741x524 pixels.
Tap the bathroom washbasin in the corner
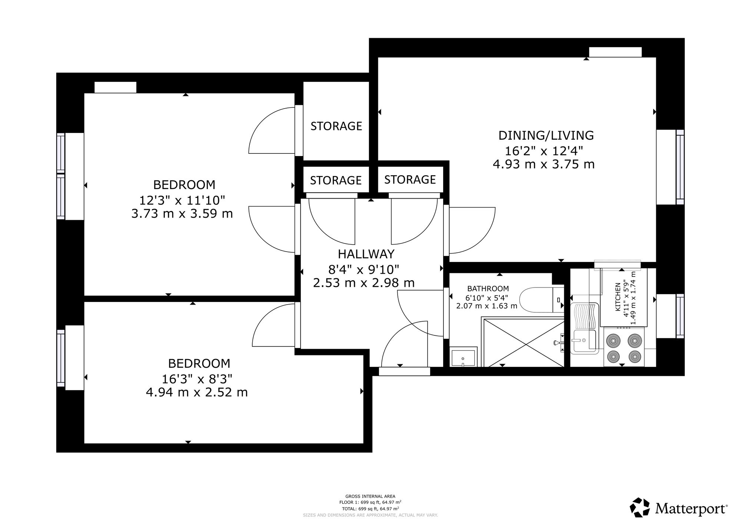463,357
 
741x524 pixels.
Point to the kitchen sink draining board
584,316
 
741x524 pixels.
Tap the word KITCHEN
618,297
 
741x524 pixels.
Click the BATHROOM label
488,288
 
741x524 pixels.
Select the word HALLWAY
366,254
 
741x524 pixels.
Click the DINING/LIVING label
546,135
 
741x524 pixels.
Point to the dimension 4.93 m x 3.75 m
544,164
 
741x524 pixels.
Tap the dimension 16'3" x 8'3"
197,379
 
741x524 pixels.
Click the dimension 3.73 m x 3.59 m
182,213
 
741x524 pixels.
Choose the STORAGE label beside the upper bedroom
336,126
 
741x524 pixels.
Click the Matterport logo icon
640,507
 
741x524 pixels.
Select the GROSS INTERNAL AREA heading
370,496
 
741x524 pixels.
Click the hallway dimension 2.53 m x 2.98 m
364,283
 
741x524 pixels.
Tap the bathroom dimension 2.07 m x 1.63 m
487,306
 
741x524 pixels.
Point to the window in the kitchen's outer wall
680,316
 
